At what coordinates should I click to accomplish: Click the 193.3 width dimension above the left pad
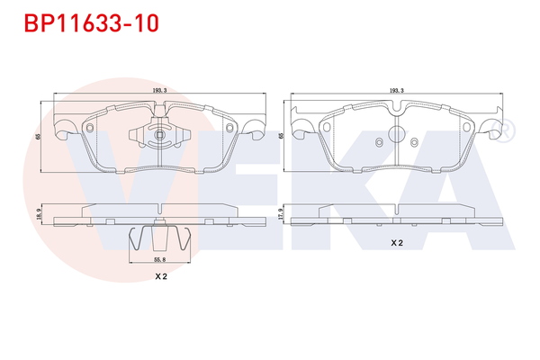[158, 92]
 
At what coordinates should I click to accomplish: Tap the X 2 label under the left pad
[162, 275]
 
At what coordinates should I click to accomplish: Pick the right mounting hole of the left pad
[229, 128]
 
